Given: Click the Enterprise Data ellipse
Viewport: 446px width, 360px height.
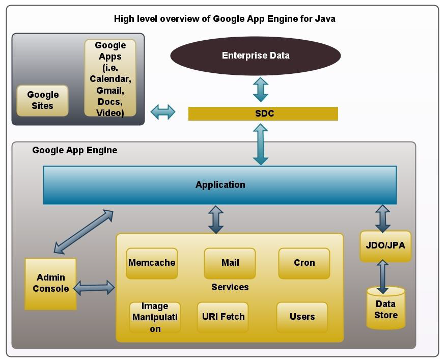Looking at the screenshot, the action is [256, 56].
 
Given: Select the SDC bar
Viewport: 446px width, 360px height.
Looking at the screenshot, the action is [263, 114].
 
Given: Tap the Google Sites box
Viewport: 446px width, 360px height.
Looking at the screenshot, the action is [42, 100].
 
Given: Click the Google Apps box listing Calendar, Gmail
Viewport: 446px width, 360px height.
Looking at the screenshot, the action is [110, 78].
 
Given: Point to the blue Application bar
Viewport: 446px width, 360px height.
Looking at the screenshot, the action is [219, 185].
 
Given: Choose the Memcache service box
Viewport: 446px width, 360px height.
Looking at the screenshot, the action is [152, 263].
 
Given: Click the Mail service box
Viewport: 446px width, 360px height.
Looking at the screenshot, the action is [230, 263].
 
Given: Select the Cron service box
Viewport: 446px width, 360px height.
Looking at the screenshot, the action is [304, 263].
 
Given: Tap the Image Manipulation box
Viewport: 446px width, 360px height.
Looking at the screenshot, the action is [155, 317].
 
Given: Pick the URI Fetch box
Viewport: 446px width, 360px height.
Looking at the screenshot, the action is [222, 317].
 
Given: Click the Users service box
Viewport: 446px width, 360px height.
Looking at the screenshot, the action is [302, 317].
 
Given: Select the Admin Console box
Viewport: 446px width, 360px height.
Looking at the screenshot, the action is [50, 284].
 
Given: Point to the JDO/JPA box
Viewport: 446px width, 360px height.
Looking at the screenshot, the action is [385, 246].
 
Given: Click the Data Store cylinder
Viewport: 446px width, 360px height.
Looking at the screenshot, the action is [386, 308].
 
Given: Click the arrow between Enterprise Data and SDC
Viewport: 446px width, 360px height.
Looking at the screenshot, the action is [261, 90].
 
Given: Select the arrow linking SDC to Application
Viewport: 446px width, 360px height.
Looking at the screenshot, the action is [261, 144].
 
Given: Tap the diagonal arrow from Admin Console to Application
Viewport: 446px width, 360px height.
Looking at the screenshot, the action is [83, 232].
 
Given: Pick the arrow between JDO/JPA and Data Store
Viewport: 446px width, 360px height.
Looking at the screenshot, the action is [382, 277].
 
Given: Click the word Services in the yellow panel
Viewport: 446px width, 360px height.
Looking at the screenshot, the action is [230, 287].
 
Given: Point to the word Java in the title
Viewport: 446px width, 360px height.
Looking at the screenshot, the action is [325, 19].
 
